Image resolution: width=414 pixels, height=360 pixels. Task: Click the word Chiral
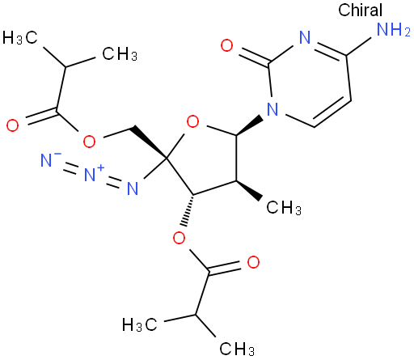click(360, 11)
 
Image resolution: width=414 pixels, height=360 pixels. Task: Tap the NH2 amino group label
click(394, 29)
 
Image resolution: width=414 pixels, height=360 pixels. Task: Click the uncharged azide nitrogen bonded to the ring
click(133, 188)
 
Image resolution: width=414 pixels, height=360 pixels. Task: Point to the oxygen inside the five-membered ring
click(192, 121)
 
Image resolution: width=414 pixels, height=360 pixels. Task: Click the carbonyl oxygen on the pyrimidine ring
click(226, 45)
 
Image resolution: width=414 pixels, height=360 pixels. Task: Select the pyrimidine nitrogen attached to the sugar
click(272, 109)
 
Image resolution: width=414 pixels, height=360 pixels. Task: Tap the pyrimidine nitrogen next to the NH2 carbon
click(305, 37)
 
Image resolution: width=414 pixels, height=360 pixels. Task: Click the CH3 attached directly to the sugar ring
click(284, 208)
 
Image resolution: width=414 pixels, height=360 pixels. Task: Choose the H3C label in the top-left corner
click(19, 37)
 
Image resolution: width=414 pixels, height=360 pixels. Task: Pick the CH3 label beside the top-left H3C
click(120, 54)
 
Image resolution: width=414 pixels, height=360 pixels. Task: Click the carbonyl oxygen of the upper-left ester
click(13, 125)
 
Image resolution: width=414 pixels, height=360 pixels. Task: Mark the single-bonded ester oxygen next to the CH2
click(89, 142)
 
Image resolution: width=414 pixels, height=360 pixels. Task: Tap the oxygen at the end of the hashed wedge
click(179, 238)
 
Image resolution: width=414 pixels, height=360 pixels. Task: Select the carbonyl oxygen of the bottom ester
click(253, 262)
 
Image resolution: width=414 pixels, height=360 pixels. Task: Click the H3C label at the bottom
click(139, 324)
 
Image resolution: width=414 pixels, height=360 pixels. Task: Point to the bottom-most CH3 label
click(237, 349)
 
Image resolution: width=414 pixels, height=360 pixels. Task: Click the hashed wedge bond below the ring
click(188, 210)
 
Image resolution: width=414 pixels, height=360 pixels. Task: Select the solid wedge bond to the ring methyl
click(249, 191)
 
